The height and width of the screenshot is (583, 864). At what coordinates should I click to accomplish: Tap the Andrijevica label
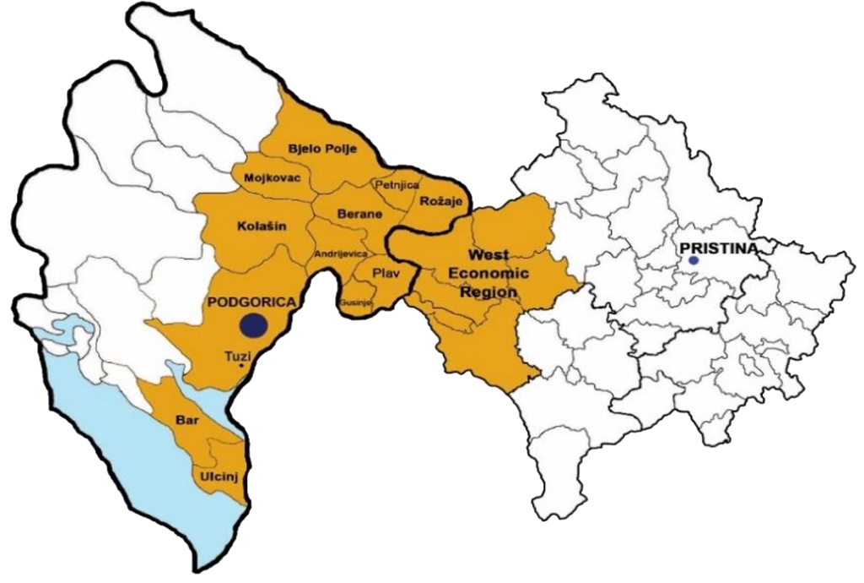(340, 253)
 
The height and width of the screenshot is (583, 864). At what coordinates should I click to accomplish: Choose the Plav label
(387, 272)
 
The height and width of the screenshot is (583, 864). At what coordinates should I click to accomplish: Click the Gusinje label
(353, 302)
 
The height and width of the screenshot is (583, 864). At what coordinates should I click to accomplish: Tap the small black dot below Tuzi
(242, 366)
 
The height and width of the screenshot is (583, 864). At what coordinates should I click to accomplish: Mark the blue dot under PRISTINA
(693, 261)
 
